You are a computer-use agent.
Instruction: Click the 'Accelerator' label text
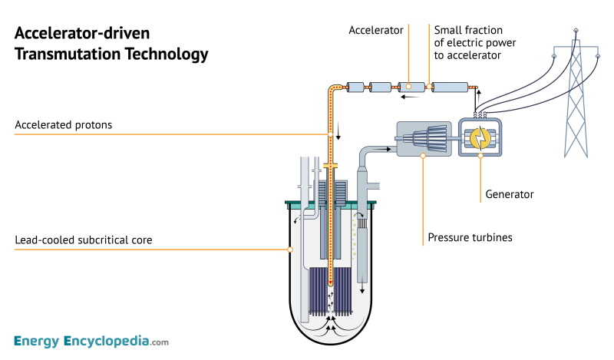click(x=375, y=31)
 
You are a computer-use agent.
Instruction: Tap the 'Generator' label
click(x=509, y=195)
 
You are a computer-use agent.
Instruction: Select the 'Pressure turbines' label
click(x=469, y=237)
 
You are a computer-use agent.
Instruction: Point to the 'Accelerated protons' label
click(x=64, y=125)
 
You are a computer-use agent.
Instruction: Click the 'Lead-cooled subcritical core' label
click(x=84, y=240)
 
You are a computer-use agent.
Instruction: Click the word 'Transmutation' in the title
click(x=66, y=54)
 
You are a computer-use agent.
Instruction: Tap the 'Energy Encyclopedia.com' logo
click(x=91, y=341)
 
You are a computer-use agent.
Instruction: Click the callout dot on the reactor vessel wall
click(x=290, y=249)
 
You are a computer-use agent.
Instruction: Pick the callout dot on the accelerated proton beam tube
click(x=331, y=134)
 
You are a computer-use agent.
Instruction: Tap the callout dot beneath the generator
click(x=482, y=156)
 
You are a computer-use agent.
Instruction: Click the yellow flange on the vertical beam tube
click(x=331, y=166)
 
